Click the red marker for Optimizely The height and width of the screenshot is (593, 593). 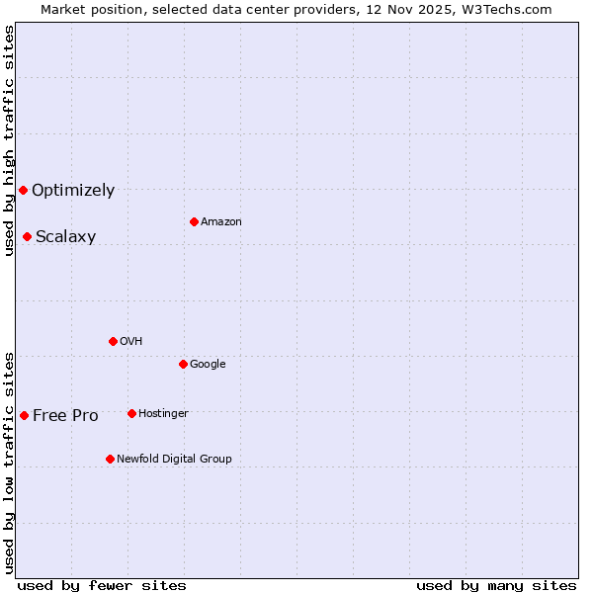pyautogui.click(x=23, y=190)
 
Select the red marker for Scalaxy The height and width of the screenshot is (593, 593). pyautogui.click(x=27, y=236)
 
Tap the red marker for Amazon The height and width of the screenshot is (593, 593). pyautogui.click(x=194, y=221)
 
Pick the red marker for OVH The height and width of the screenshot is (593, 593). pyautogui.click(x=113, y=341)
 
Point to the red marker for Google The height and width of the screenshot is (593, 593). pyautogui.click(x=183, y=364)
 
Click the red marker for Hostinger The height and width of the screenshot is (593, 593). pyautogui.click(x=131, y=413)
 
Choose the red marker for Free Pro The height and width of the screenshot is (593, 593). pyautogui.click(x=24, y=415)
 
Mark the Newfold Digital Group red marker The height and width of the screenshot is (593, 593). pyautogui.click(x=110, y=459)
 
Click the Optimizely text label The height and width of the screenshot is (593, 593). pyautogui.click(x=73, y=191)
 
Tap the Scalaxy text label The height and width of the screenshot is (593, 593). pyautogui.click(x=65, y=237)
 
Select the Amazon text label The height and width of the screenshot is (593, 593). pyautogui.click(x=221, y=222)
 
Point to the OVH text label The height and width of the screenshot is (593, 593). pyautogui.click(x=131, y=342)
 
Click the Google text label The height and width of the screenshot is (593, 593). pyautogui.click(x=208, y=365)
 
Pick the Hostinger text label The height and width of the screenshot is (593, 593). pyautogui.click(x=163, y=414)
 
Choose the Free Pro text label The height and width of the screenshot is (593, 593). pyautogui.click(x=65, y=416)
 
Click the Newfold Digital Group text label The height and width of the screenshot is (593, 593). pyautogui.click(x=174, y=460)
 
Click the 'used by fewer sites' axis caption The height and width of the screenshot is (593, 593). pyautogui.click(x=102, y=585)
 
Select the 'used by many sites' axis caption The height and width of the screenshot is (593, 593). pyautogui.click(x=496, y=585)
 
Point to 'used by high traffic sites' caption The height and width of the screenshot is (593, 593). pyautogui.click(x=9, y=140)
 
